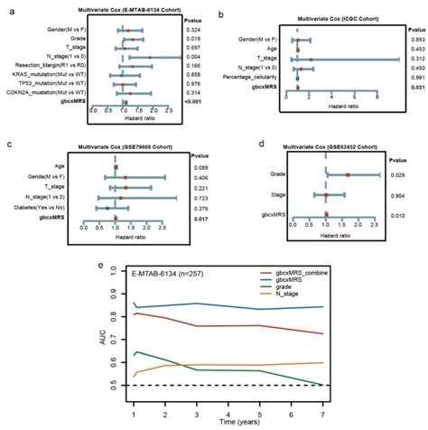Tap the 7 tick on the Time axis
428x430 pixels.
[397, 408]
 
